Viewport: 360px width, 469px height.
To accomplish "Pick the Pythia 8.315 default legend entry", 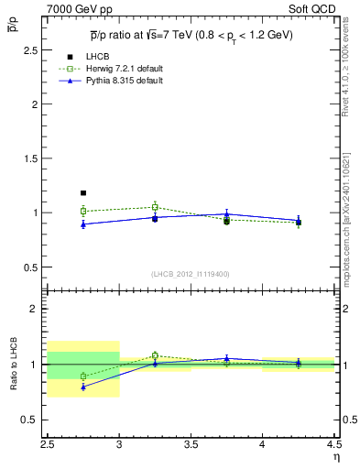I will point(124,81).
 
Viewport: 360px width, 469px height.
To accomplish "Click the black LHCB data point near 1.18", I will point(83,193).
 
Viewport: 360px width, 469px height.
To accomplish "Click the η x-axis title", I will point(335,457).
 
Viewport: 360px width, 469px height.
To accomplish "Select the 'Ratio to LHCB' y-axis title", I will point(14,364).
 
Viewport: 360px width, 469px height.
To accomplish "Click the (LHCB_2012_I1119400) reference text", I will point(191,274).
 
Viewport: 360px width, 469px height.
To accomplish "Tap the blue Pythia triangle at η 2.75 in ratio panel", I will point(83,387).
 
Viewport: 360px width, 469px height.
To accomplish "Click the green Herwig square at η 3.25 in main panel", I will point(155,207).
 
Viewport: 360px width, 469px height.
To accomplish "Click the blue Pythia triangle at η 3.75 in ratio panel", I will point(226,358).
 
